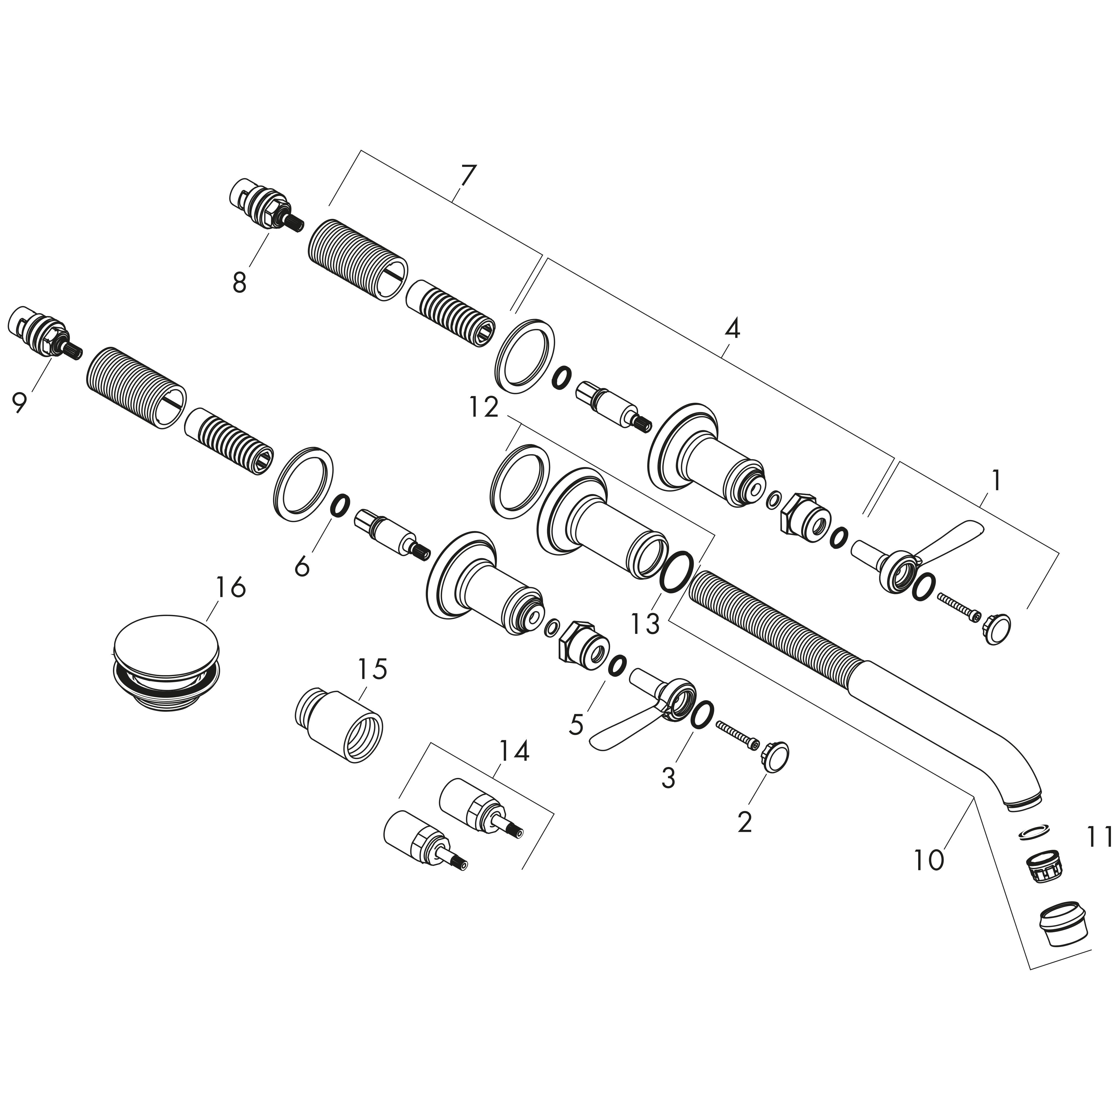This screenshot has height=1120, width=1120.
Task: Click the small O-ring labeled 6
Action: pos(340,505)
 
